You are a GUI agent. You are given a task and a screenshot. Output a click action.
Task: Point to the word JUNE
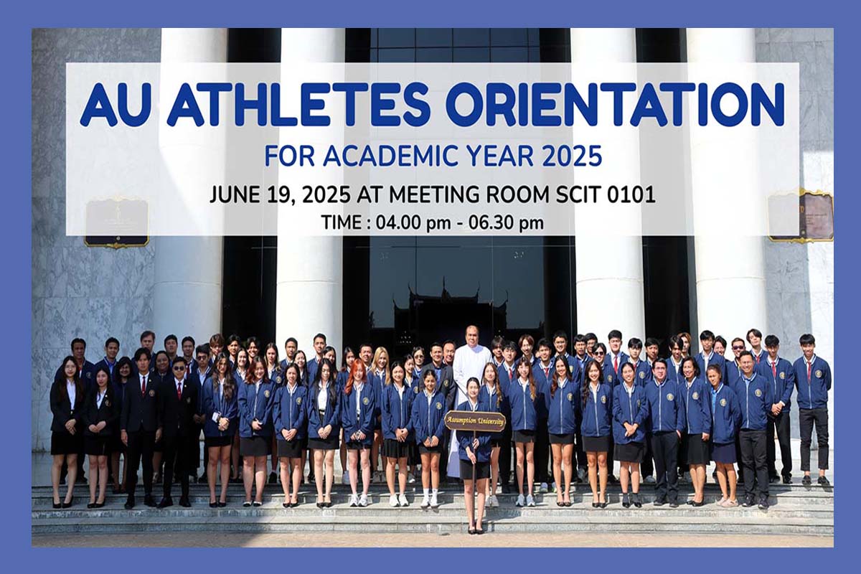[x=235, y=194]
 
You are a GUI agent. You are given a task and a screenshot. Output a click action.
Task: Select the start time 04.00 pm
[x=413, y=223]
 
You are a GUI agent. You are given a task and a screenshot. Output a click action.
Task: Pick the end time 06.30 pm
[x=507, y=223]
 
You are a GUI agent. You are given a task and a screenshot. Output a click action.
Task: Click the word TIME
[x=340, y=222]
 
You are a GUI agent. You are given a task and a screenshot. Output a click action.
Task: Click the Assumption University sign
[x=474, y=421]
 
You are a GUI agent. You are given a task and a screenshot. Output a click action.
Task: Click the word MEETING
[x=435, y=194]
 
